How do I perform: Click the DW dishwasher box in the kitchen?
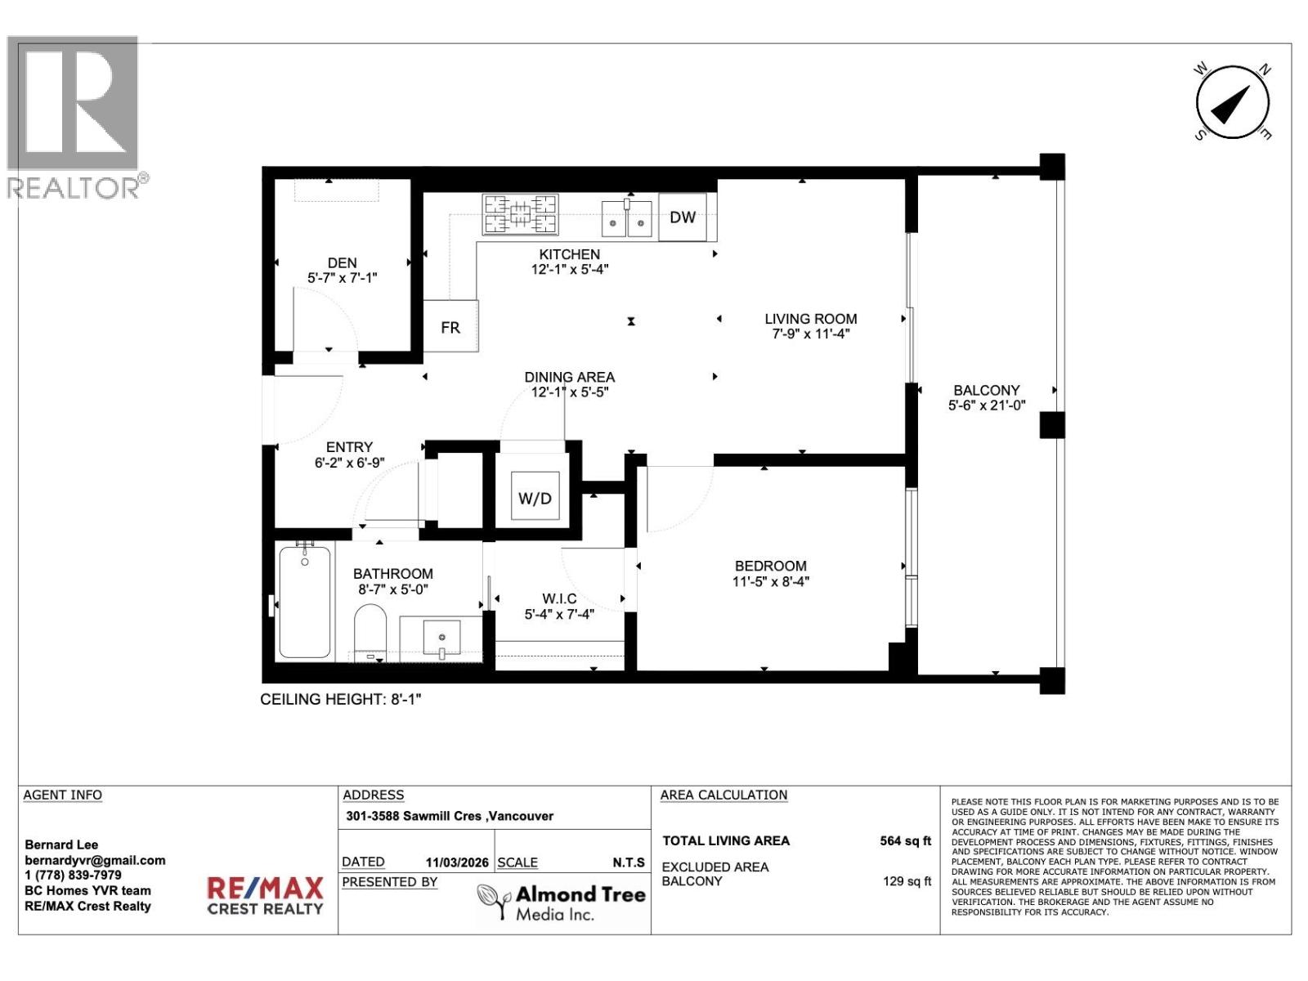point(683,217)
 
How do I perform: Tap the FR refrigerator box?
point(450,327)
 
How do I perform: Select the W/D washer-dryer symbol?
point(535,497)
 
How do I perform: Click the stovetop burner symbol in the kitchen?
point(521,214)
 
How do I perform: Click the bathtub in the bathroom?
point(305,602)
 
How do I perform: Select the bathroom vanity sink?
point(441,637)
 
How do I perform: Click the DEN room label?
point(342,262)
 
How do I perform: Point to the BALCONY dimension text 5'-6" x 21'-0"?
point(987,405)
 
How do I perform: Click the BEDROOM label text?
point(770,566)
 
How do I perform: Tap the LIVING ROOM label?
point(811,319)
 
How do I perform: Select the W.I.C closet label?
point(559,599)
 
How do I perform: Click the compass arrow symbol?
point(1232,104)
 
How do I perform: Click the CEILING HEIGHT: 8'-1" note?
point(340,700)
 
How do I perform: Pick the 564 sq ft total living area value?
point(905,841)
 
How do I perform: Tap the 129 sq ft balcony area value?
point(907,881)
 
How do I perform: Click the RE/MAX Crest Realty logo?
point(265,896)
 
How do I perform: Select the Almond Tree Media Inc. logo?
point(562,903)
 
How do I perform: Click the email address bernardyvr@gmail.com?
point(95,860)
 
